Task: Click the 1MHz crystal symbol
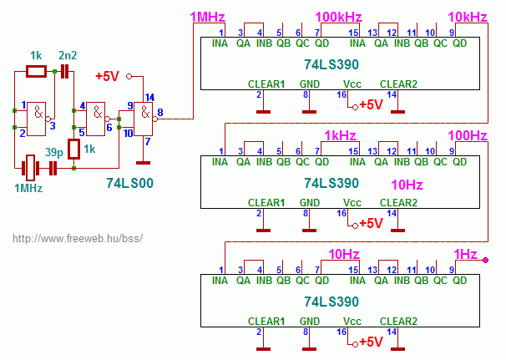(30, 168)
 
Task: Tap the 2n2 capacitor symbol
(65, 71)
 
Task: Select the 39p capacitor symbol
(53, 168)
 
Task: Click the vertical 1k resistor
(74, 150)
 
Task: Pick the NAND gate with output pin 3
(38, 119)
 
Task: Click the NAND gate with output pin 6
(97, 119)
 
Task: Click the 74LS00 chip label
(129, 183)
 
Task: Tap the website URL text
(78, 239)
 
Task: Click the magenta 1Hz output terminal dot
(485, 260)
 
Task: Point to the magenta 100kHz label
(338, 17)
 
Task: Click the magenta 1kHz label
(340, 135)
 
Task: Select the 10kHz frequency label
(468, 17)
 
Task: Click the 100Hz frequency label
(468, 135)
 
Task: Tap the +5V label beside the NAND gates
(108, 76)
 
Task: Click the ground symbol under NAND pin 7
(143, 163)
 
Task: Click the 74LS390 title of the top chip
(331, 64)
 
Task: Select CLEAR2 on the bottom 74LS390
(398, 322)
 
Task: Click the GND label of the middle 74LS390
(310, 203)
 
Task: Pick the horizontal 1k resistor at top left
(36, 71)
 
